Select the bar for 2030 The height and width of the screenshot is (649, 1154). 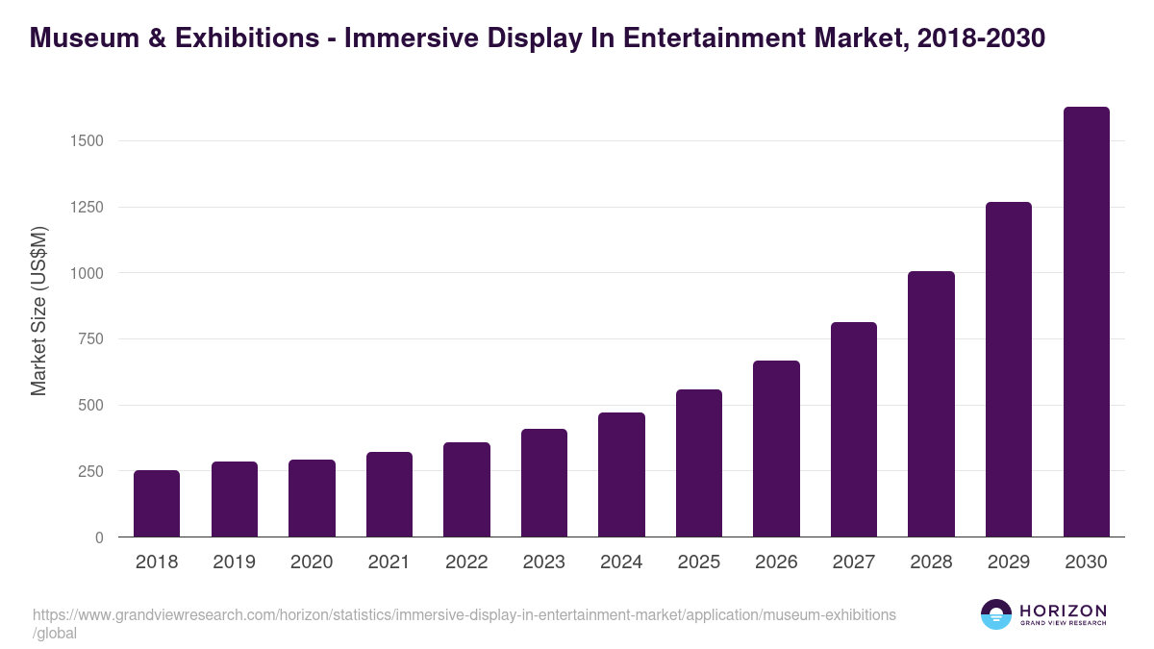1086,322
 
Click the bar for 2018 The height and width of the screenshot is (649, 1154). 157,504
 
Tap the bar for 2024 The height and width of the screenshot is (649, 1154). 621,475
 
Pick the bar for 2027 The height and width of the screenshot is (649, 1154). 854,430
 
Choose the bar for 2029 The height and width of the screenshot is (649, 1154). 1009,369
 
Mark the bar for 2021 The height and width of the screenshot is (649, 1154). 389,494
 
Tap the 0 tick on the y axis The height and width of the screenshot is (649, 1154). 98,537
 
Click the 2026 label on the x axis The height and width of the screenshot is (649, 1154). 776,562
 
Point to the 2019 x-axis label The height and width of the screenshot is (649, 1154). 235,562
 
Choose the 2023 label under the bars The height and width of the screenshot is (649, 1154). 544,562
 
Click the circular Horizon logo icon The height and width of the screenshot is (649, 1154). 996,614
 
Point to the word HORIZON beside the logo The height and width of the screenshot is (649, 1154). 1063,611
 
